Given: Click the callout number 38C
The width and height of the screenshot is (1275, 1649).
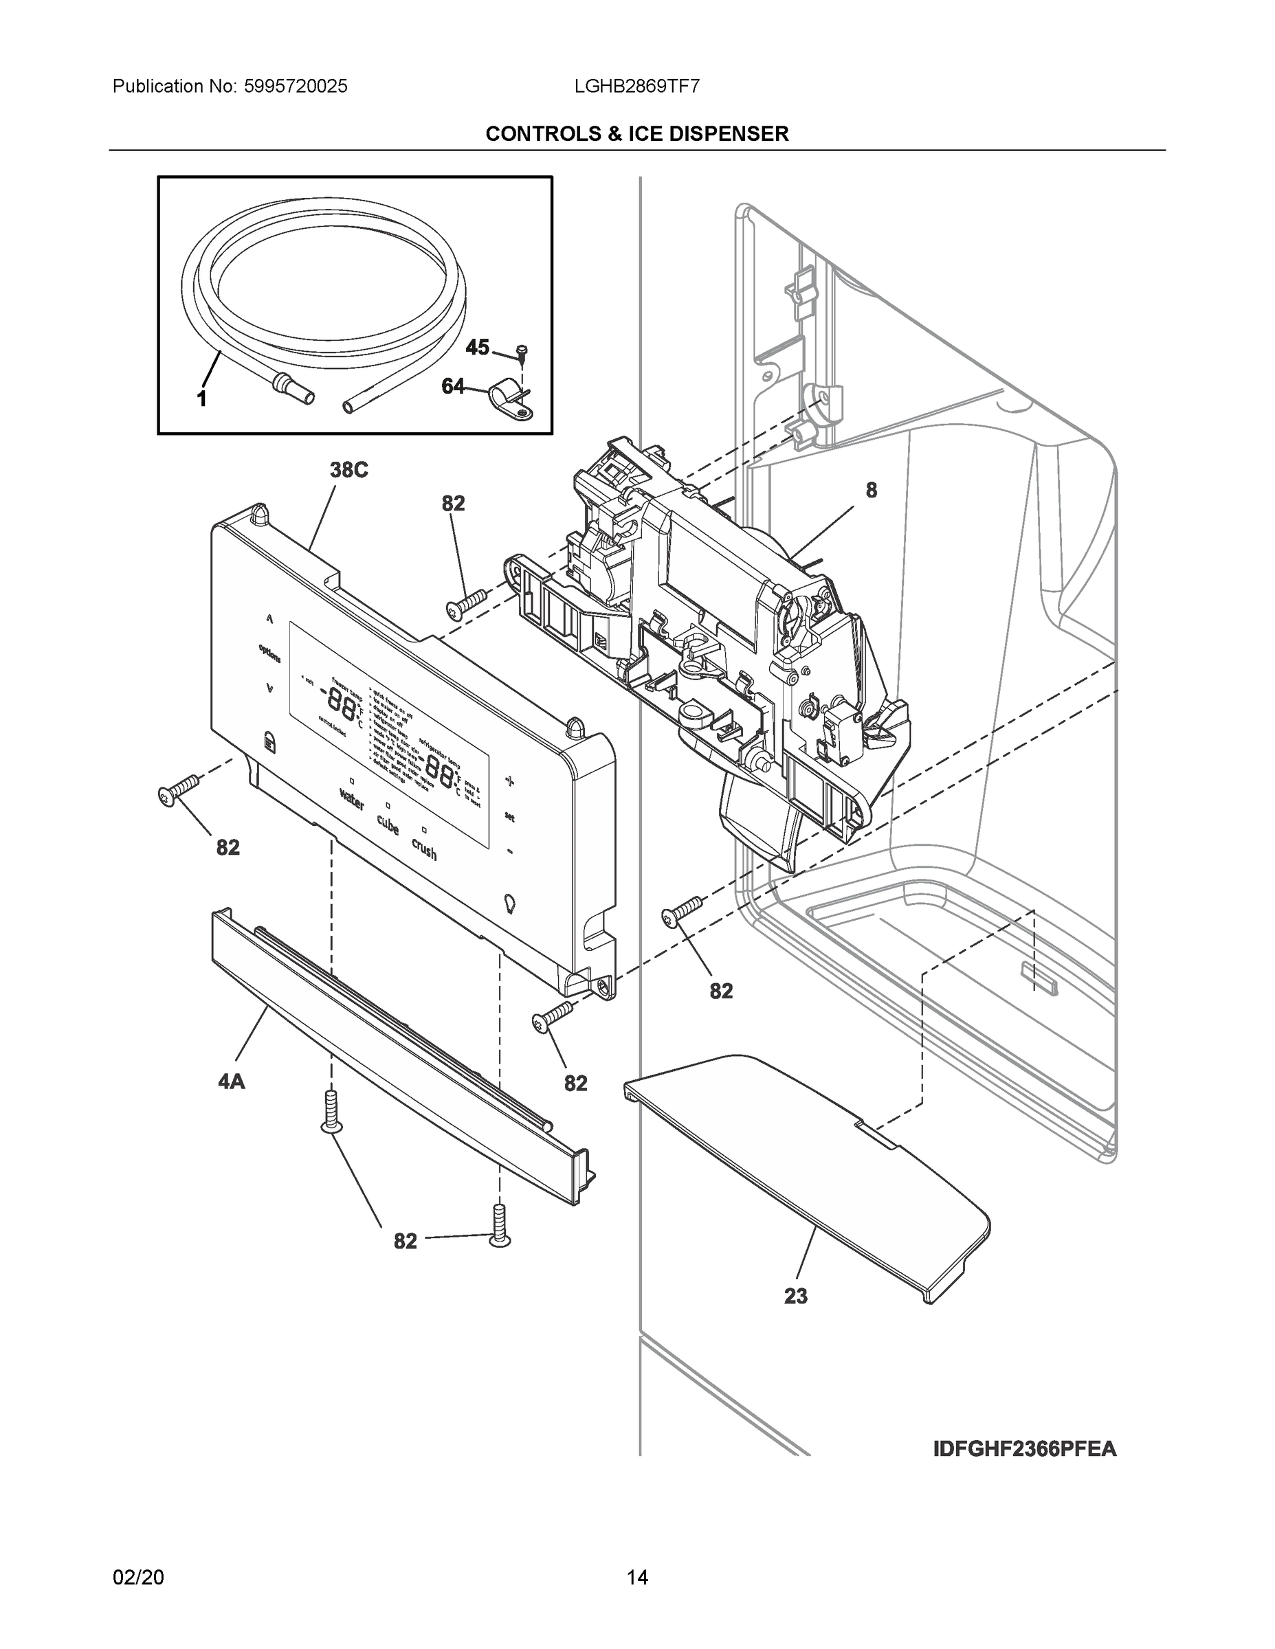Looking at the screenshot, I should coord(348,471).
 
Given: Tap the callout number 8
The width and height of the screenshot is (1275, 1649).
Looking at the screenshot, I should coord(871,491).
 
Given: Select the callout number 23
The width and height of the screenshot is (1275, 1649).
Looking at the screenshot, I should coord(795,1296).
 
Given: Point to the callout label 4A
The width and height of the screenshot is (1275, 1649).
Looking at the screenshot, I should coord(231,1082).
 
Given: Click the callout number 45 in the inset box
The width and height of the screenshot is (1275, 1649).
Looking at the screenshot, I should coord(476,347).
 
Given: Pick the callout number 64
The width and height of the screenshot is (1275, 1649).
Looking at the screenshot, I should coord(452,387).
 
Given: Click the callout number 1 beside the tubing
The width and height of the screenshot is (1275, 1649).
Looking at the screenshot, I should coord(201,399).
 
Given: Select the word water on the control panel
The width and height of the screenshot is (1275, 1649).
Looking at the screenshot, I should coord(352,799).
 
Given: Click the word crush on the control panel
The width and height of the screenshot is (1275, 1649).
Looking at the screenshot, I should coord(424,849).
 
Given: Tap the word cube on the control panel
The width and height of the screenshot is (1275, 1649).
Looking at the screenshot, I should coord(388,824).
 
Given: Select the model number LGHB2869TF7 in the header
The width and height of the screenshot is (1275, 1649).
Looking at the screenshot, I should coord(636,86).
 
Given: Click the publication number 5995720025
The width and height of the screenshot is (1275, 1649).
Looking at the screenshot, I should coord(296,86).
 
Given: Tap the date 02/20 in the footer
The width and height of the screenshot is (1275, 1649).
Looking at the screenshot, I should coord(138,1578).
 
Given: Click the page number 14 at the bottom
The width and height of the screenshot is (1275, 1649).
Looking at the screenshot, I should coord(636,1578).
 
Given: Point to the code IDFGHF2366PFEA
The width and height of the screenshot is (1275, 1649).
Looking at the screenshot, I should coord(1024,1449).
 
